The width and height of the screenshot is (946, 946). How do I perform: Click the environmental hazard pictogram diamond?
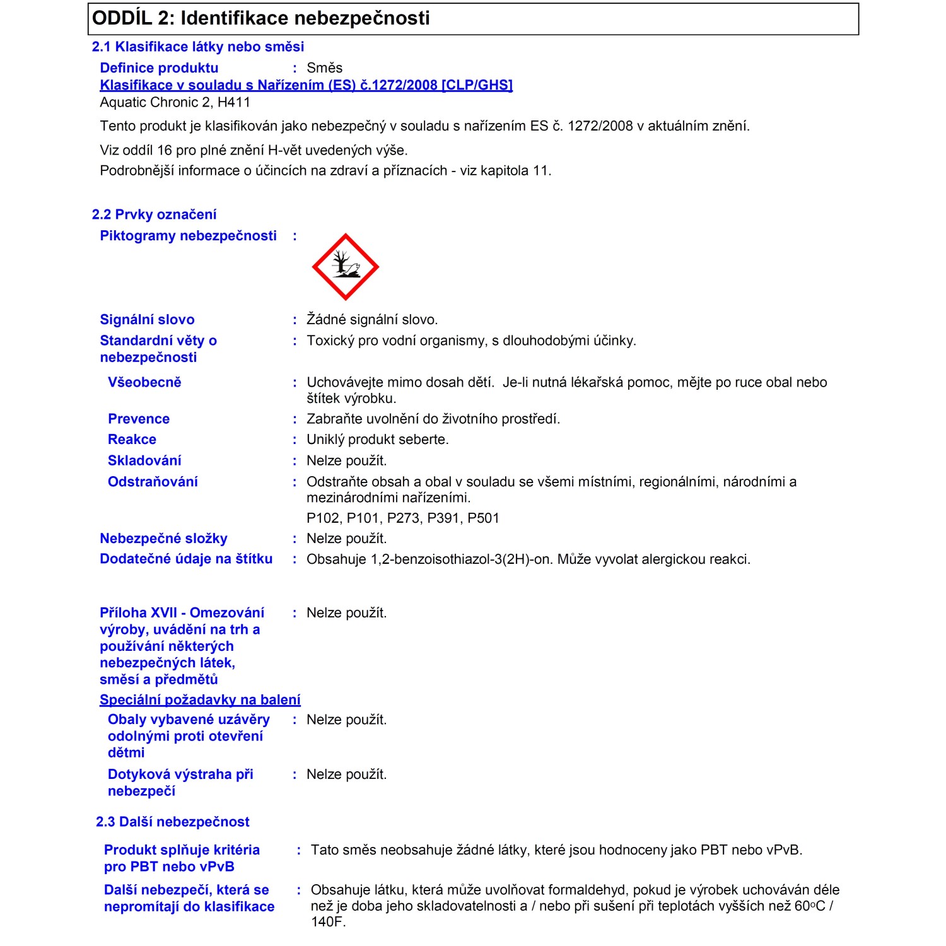pyautogui.click(x=345, y=267)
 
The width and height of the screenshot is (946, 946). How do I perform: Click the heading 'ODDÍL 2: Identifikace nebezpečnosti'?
pyautogui.click(x=261, y=18)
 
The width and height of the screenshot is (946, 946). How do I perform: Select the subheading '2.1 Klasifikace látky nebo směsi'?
pyautogui.click(x=198, y=47)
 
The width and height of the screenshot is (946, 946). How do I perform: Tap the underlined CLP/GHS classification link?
pyautogui.click(x=306, y=85)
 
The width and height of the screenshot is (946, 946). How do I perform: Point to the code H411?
pyautogui.click(x=234, y=102)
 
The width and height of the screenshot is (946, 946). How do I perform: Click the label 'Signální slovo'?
pyautogui.click(x=147, y=320)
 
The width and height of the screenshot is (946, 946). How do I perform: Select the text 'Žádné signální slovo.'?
pyautogui.click(x=372, y=320)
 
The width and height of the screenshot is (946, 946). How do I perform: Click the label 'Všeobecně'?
pyautogui.click(x=144, y=382)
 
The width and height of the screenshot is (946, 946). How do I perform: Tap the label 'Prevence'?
pyautogui.click(x=139, y=419)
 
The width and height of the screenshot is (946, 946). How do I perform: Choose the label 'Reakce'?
pyautogui.click(x=132, y=440)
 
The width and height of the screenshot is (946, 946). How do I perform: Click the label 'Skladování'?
pyautogui.click(x=144, y=460)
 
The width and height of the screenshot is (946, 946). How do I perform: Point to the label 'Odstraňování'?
pyautogui.click(x=153, y=482)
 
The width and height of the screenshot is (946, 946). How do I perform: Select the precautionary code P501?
pyautogui.click(x=483, y=518)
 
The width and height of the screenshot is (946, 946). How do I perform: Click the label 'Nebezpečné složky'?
pyautogui.click(x=163, y=539)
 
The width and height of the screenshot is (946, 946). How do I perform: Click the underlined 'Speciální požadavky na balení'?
pyautogui.click(x=200, y=700)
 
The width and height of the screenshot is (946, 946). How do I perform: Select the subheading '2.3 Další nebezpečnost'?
pyautogui.click(x=173, y=822)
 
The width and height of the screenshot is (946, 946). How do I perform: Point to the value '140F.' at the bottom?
pyautogui.click(x=328, y=921)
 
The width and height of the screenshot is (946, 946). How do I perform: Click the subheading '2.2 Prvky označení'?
pyautogui.click(x=155, y=214)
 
